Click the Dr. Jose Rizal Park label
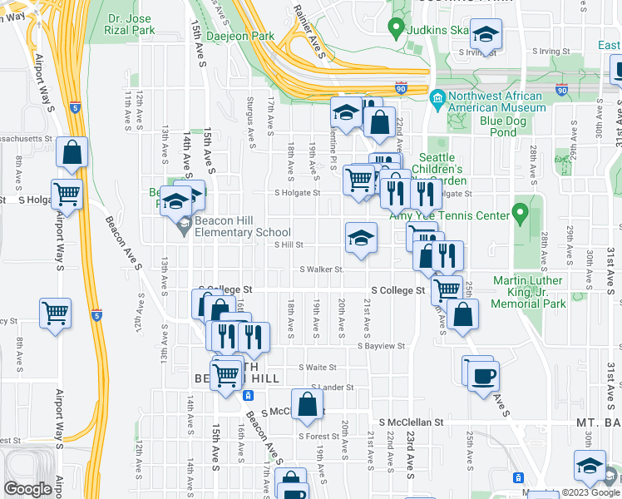tap(131, 24)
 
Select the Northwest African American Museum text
tap(496, 101)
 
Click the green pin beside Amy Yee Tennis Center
tap(521, 215)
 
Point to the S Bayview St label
tap(381, 345)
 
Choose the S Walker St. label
tap(322, 269)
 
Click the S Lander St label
tap(332, 388)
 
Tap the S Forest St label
tap(318, 436)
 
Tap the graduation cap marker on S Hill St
tap(362, 237)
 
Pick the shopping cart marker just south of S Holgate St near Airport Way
tap(67, 195)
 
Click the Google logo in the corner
tap(27, 489)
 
